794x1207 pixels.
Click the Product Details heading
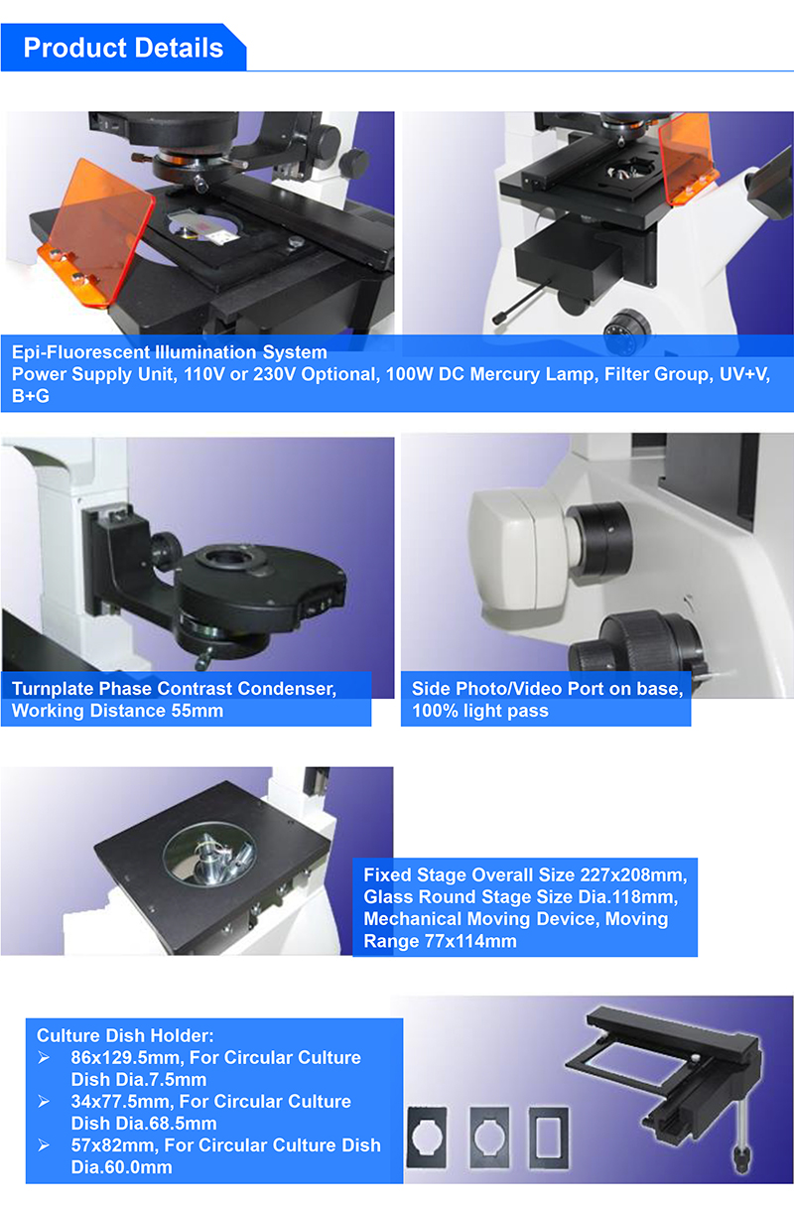[x=123, y=48]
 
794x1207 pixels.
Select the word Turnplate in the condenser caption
[x=53, y=689]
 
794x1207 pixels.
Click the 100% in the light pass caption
[x=435, y=711]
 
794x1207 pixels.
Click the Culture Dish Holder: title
[x=125, y=1035]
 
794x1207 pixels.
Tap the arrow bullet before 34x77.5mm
[x=45, y=1102]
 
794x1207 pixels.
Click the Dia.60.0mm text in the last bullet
[x=122, y=1167]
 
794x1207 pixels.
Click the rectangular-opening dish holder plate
[x=549, y=1138]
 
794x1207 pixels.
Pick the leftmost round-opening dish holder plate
[x=427, y=1138]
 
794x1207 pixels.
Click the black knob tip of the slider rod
[x=499, y=319]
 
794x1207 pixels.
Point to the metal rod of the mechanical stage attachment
[x=743, y=1128]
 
